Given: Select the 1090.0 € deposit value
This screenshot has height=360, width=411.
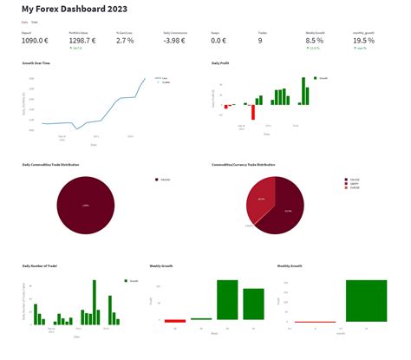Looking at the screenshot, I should point(36,41).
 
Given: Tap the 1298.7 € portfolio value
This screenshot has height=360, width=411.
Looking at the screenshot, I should point(82,41).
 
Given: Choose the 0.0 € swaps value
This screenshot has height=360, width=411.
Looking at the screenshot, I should point(219,41).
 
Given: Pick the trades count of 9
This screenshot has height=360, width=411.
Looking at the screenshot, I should point(260,41).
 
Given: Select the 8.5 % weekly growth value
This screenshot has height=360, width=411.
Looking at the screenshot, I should point(315,41).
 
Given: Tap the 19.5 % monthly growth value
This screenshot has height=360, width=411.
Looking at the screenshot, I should point(364,41).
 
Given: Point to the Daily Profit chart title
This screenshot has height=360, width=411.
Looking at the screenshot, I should point(222,63).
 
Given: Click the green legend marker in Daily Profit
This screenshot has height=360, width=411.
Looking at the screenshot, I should point(316,78).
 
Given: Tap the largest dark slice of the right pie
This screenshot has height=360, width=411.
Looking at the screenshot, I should point(286,213).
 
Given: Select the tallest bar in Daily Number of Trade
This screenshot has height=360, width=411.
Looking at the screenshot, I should point(93,302).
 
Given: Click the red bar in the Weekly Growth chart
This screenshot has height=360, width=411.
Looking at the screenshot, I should point(175,321).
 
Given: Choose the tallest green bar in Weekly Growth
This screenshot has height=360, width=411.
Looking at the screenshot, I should point(227,300).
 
